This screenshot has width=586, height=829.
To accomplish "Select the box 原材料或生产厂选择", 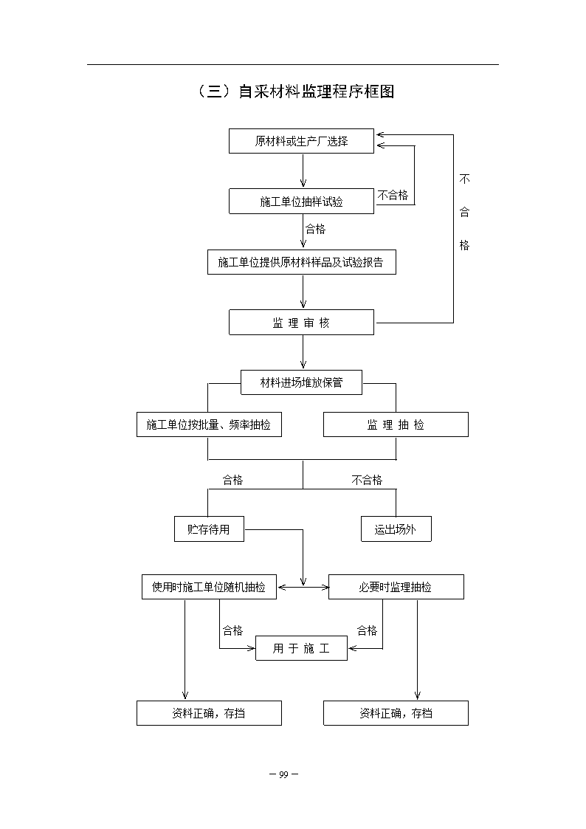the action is [x=301, y=141].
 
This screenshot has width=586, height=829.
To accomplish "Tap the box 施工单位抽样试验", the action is [x=301, y=202].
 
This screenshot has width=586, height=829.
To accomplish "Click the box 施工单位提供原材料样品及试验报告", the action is [x=302, y=262].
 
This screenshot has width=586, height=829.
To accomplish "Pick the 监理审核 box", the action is [x=301, y=323].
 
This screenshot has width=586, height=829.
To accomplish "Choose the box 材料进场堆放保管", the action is [x=302, y=382].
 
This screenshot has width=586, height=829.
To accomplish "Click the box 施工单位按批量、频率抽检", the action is [x=210, y=424].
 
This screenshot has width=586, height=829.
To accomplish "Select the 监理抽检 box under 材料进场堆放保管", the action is [x=396, y=424].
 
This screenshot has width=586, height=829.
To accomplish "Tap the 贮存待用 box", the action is [x=210, y=529].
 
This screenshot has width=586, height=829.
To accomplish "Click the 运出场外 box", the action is [x=396, y=529].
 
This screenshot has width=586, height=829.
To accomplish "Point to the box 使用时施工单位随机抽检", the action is [x=210, y=587].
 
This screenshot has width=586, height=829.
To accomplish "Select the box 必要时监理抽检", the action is [x=396, y=587].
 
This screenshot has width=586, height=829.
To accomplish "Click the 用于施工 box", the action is [x=302, y=648].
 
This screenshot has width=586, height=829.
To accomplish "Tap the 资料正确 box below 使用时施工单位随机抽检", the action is [x=210, y=713].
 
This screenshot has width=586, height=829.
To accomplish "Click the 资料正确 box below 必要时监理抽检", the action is [x=396, y=713].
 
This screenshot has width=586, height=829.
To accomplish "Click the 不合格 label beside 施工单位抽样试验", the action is [x=393, y=195].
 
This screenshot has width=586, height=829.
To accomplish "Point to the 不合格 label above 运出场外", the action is [x=367, y=480].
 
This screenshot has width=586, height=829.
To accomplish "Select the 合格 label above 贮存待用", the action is [x=232, y=480].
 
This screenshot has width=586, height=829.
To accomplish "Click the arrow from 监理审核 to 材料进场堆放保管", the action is [x=303, y=352].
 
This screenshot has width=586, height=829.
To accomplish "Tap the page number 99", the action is [x=283, y=774].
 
